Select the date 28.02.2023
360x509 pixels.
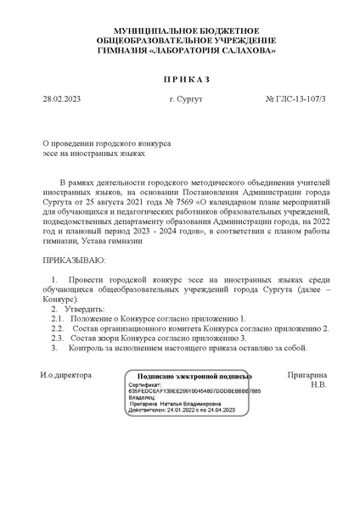pos(59,99)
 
